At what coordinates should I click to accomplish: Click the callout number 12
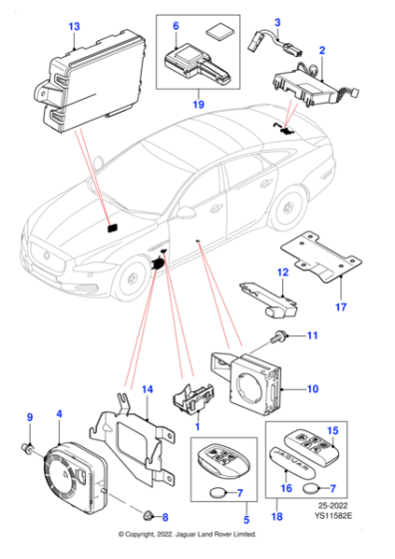[281, 272]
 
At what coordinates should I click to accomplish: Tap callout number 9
[29, 416]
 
